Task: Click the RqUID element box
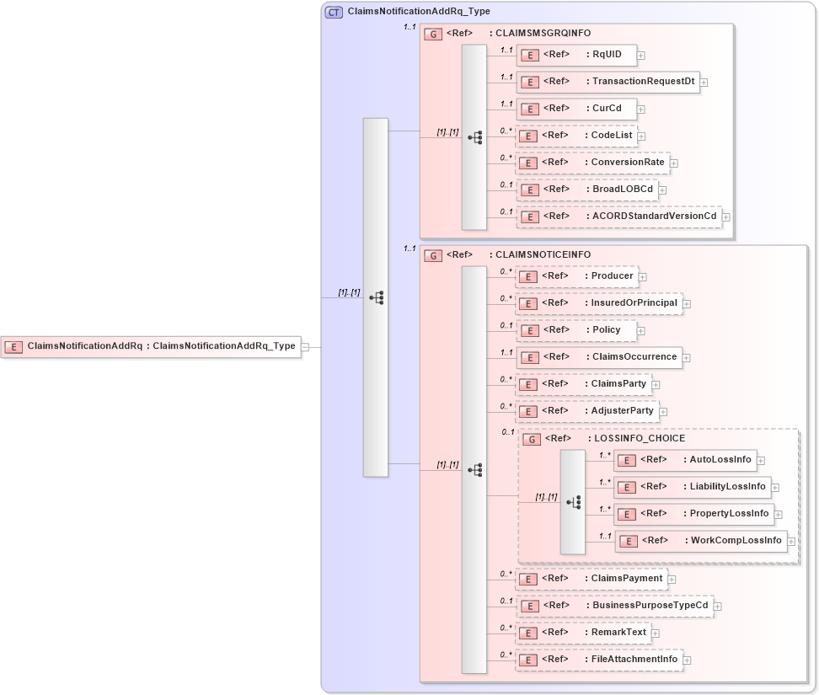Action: pos(575,55)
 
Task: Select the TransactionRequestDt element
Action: pos(608,82)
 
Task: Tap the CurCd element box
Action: pos(575,109)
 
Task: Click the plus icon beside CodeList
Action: pos(642,136)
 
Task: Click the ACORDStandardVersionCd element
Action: pos(618,217)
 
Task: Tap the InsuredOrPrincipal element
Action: pos(597,303)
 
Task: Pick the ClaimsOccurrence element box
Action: pos(598,357)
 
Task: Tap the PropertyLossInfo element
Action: pos(693,514)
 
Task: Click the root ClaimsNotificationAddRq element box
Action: pos(151,346)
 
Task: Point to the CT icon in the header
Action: pos(334,12)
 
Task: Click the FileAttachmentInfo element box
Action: pos(598,660)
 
